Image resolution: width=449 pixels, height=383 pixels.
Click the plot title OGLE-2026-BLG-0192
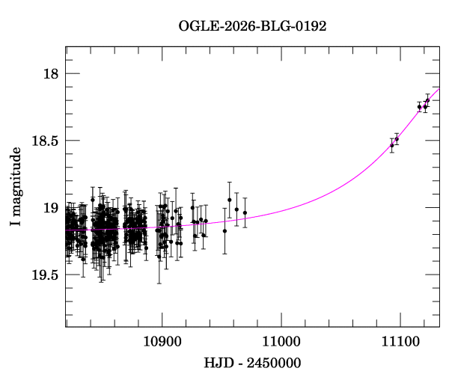(x=252, y=25)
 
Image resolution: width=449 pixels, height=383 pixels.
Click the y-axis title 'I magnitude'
(x=16, y=187)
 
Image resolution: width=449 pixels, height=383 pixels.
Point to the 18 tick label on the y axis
(x=51, y=74)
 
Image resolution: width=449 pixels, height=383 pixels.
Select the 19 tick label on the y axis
(x=51, y=208)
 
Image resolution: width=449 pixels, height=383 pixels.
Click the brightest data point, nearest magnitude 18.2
(x=427, y=100)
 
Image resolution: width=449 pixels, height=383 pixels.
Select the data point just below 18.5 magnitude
(x=397, y=139)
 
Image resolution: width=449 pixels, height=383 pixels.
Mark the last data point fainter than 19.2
(x=224, y=231)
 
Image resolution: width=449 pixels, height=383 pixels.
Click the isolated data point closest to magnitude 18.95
(x=230, y=200)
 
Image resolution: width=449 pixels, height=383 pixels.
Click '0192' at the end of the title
(x=311, y=25)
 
